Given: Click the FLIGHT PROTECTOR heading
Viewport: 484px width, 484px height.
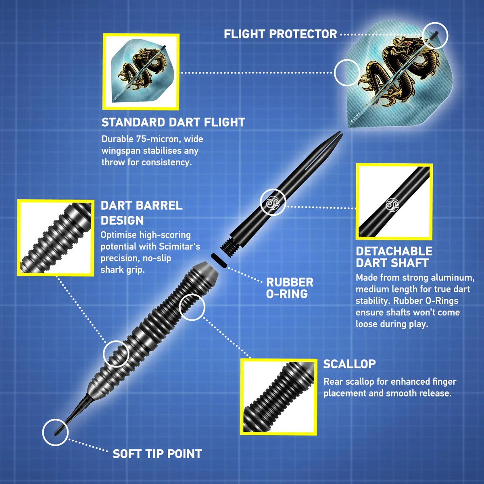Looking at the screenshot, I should [280, 34].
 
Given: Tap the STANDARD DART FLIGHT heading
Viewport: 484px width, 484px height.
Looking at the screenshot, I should [173, 122].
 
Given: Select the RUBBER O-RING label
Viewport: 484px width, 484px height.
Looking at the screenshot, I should [290, 288].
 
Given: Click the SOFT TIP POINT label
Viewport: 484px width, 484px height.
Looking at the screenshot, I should [157, 454].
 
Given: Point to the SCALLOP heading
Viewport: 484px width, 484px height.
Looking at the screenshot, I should [349, 364].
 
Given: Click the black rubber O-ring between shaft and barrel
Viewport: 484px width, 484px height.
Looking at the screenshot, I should [219, 261].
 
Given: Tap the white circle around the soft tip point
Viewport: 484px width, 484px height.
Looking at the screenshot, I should [55, 432].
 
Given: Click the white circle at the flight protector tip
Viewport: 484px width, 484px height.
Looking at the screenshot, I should [435, 35].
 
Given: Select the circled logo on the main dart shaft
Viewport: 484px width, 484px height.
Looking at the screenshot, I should [273, 202].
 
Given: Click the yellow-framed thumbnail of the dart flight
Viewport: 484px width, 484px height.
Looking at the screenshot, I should [141, 72].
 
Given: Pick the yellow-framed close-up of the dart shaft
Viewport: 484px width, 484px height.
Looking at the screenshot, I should [394, 202].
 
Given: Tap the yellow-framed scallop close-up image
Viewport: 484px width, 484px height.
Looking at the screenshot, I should [278, 397].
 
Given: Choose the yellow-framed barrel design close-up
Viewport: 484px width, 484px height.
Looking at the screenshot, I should [56, 238].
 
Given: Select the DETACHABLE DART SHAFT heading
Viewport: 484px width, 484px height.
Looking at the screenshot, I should [394, 257].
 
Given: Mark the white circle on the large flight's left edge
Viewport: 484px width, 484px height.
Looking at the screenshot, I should [347, 73].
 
